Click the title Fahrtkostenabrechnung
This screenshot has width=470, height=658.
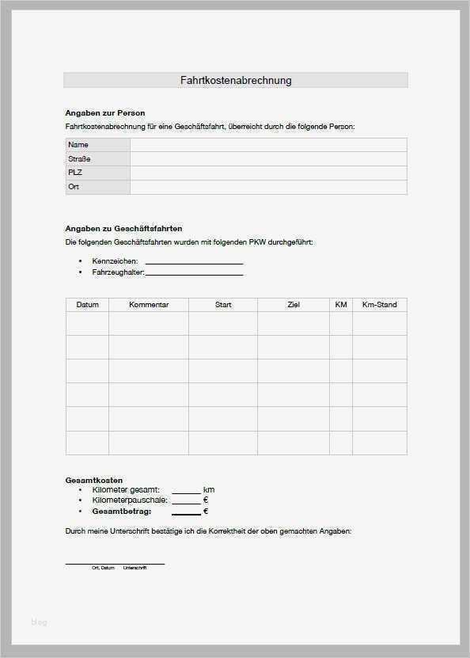tap(236, 80)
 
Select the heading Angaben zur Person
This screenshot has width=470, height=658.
tap(104, 113)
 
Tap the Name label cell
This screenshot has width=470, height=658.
tap(97, 145)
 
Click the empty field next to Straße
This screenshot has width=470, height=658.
tap(268, 159)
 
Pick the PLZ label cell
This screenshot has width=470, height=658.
tap(97, 173)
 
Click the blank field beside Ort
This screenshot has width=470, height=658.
tap(268, 187)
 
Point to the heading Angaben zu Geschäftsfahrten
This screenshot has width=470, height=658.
tap(123, 228)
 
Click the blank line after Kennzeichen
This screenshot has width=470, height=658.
tap(194, 262)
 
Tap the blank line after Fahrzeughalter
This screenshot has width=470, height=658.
tap(194, 274)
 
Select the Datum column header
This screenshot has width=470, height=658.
tap(87, 305)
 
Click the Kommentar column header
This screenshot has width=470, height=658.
tap(148, 305)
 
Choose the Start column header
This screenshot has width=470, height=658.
tap(223, 305)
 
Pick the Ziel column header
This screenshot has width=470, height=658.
tap(294, 305)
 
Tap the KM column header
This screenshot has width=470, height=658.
tap(341, 305)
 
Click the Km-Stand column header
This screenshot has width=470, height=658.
tap(379, 305)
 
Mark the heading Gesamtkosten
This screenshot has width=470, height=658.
tap(93, 481)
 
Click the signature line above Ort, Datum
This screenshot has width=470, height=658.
tap(115, 563)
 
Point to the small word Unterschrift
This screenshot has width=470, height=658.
tap(135, 568)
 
